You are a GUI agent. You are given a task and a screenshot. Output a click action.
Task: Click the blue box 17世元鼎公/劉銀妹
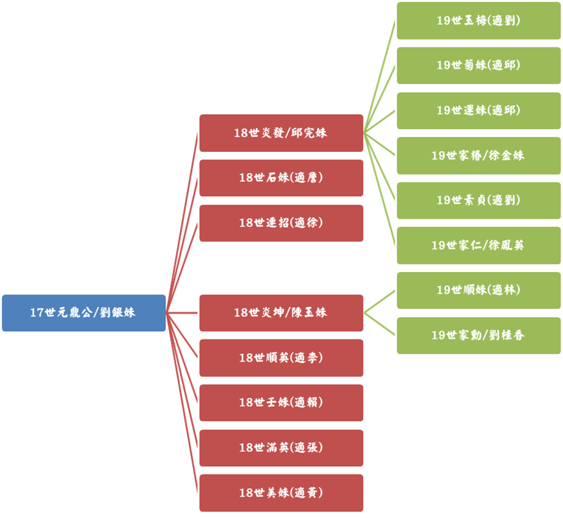pyautogui.click(x=84, y=313)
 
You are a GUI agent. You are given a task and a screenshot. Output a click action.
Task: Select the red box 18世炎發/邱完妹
pyautogui.click(x=281, y=133)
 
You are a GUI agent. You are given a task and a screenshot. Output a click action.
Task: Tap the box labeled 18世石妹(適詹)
pyautogui.click(x=281, y=178)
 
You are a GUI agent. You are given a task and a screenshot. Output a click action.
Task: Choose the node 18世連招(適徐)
pyautogui.click(x=281, y=223)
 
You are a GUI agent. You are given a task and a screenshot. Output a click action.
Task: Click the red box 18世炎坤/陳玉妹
pyautogui.click(x=281, y=313)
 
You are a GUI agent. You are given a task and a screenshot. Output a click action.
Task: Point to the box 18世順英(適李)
pyautogui.click(x=281, y=358)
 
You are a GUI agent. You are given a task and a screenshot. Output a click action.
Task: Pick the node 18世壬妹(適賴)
pyautogui.click(x=281, y=402)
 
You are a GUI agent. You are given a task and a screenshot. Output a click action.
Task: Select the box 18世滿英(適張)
pyautogui.click(x=281, y=448)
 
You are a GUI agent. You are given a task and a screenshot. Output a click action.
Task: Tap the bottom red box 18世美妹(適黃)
pyautogui.click(x=281, y=493)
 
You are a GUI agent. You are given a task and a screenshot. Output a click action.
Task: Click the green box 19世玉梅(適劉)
pyautogui.click(x=479, y=21)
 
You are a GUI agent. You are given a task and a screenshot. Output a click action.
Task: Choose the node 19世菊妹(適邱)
pyautogui.click(x=479, y=66)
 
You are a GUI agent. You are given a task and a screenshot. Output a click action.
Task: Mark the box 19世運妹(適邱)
pyautogui.click(x=479, y=110)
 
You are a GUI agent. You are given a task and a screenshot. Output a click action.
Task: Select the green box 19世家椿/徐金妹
pyautogui.click(x=479, y=156)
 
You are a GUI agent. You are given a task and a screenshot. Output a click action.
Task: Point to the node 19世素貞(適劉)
pyautogui.click(x=479, y=201)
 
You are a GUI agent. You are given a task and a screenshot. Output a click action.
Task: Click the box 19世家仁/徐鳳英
pyautogui.click(x=479, y=245)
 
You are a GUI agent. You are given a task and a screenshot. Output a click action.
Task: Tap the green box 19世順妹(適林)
pyautogui.click(x=479, y=290)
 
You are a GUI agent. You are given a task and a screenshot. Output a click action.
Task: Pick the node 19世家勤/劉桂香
pyautogui.click(x=479, y=336)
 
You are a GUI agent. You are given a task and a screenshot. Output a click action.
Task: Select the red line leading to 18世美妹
pyautogui.click(x=182, y=403)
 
